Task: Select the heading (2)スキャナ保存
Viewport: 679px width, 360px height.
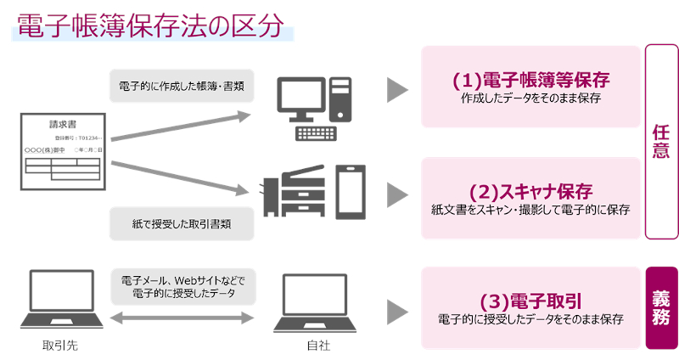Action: (531, 190)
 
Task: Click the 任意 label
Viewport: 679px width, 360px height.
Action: (662, 142)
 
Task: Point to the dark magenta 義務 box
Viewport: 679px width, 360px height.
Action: (662, 307)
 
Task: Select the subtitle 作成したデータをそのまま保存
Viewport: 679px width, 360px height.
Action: (531, 99)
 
